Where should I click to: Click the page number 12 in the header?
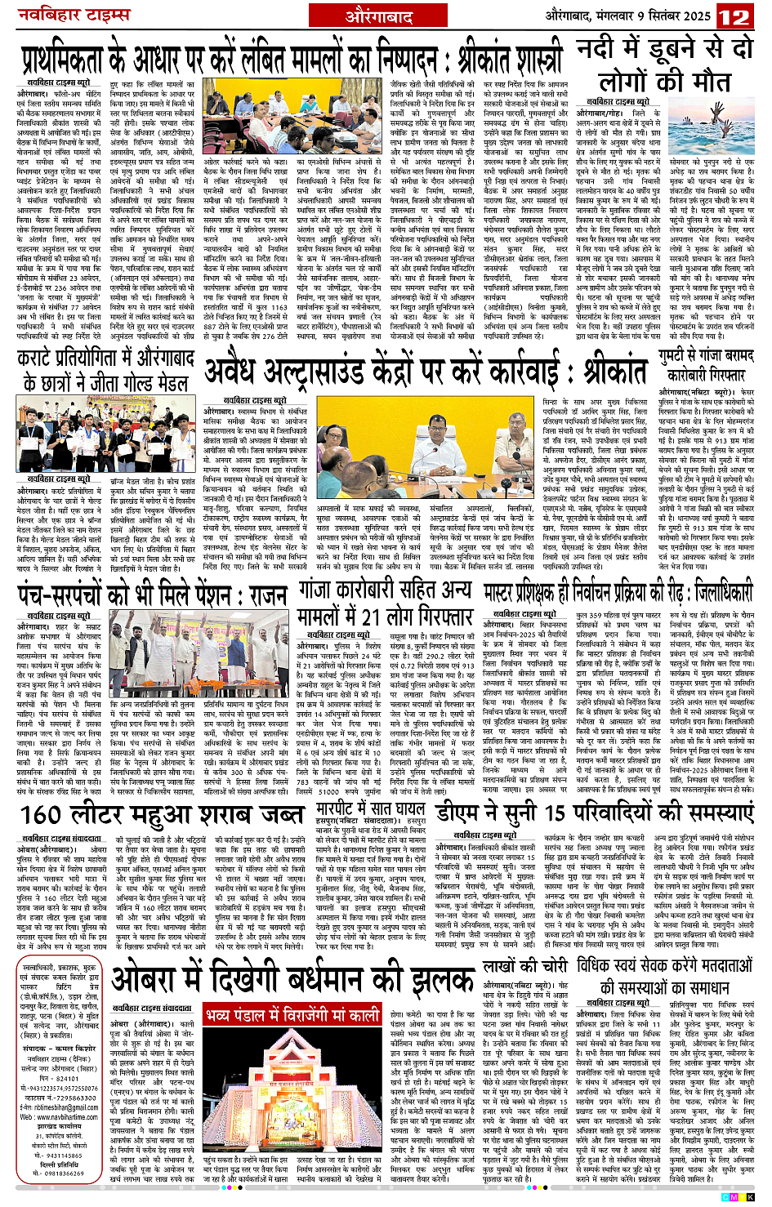pyautogui.click(x=736, y=16)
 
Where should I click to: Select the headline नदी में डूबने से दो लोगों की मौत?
pyautogui.click(x=663, y=65)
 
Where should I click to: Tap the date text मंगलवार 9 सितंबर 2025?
pyautogui.click(x=640, y=16)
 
